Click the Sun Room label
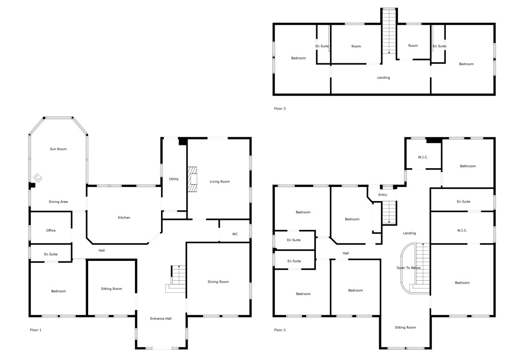pos(58,149)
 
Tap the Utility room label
pos(174,179)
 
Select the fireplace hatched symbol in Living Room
pos(192,179)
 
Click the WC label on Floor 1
pos(235,234)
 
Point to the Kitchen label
pos(124,217)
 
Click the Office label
pos(51,230)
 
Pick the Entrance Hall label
pos(161,318)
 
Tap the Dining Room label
pos(218,282)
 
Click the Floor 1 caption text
pos(36,330)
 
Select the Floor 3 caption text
pos(280,108)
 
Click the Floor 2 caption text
pos(280,330)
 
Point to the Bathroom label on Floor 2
pos(468,166)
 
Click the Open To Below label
pos(409,268)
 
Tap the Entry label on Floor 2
pos(383,195)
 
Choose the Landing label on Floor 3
pos(384,77)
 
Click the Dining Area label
pos(58,202)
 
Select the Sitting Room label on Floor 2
pos(405,328)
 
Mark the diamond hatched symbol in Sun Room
pos(38,178)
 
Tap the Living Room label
pos(220,182)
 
